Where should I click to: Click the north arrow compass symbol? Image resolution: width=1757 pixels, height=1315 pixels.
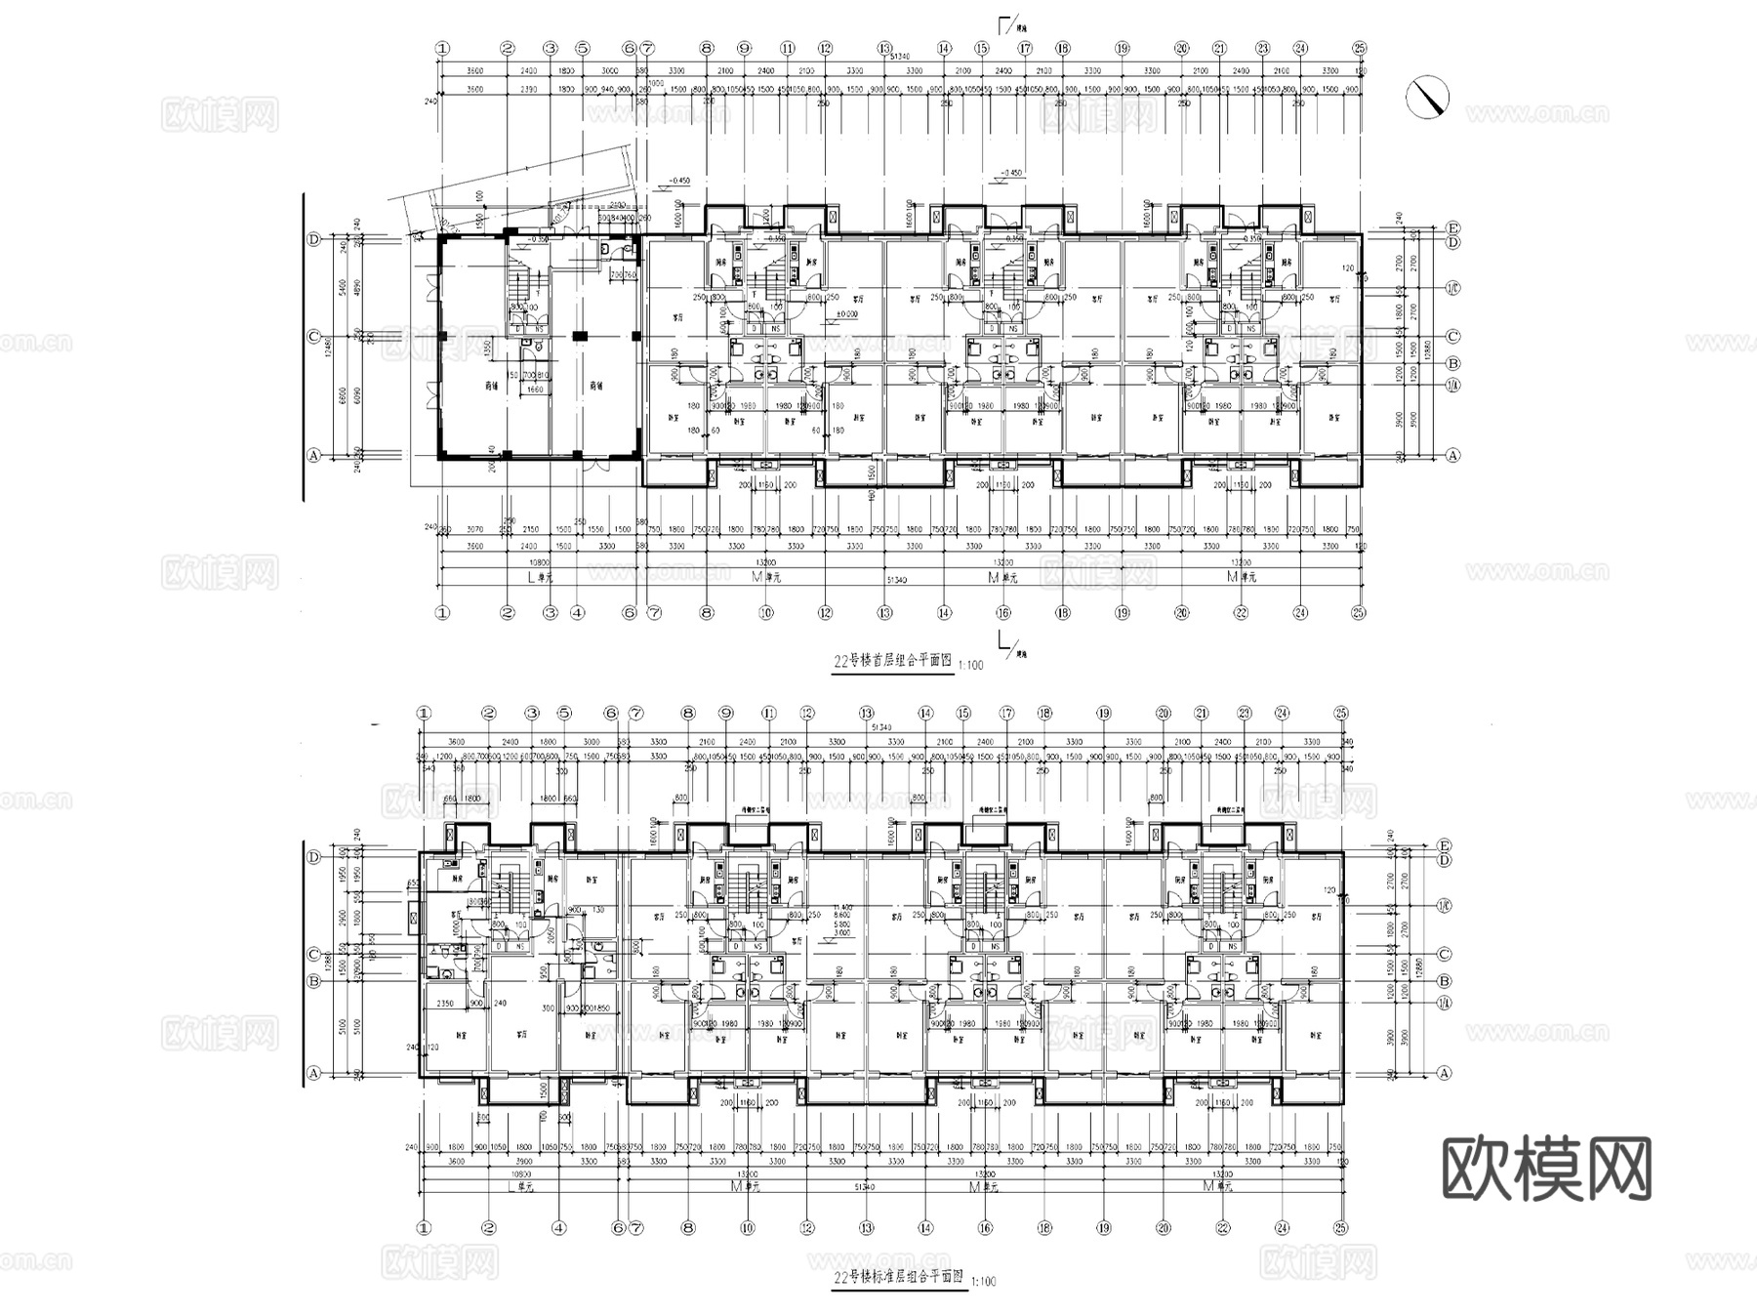[1428, 98]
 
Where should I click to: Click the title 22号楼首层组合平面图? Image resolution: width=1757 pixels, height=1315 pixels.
[891, 661]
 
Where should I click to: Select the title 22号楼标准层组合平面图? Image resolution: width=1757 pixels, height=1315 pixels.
[897, 1277]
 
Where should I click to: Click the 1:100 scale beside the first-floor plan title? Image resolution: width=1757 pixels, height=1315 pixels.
[971, 665]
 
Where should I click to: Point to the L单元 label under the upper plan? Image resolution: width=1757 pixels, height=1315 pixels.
[540, 577]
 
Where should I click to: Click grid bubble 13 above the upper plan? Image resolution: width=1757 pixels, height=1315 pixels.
[884, 48]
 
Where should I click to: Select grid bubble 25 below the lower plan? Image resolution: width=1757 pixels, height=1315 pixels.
[1341, 1228]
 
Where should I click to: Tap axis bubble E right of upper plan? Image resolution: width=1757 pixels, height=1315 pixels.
[1452, 227]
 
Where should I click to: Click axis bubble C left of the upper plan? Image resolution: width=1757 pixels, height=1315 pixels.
[313, 337]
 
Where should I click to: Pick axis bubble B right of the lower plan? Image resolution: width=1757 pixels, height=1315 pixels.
[1445, 981]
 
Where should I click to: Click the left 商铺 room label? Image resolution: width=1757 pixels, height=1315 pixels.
[492, 385]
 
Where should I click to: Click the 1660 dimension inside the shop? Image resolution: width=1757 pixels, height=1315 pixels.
[535, 390]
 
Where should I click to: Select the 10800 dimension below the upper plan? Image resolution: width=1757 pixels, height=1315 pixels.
[538, 562]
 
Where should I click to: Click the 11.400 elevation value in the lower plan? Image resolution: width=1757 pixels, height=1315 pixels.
[841, 906]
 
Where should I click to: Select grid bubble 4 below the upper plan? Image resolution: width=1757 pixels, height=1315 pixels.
[577, 613]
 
